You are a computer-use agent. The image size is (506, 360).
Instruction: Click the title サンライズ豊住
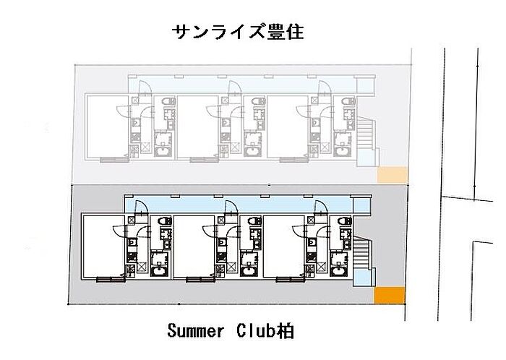238,32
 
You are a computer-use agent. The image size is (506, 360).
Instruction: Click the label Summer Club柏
231,331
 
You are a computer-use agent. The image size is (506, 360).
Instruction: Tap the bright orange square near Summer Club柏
390,295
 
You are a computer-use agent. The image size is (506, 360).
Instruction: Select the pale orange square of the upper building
393,174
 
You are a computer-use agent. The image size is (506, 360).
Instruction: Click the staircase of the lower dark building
361,252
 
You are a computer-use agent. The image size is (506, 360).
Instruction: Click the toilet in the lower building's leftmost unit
164,221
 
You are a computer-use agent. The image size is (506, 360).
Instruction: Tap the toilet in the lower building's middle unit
254,221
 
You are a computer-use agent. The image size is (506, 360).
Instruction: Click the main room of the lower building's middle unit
194,246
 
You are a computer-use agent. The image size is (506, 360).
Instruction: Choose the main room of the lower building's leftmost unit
104,246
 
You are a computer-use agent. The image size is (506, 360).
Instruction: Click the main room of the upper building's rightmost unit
288,127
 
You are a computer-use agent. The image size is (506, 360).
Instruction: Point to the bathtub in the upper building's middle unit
252,151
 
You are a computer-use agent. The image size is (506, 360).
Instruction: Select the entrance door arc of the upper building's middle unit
235,86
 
